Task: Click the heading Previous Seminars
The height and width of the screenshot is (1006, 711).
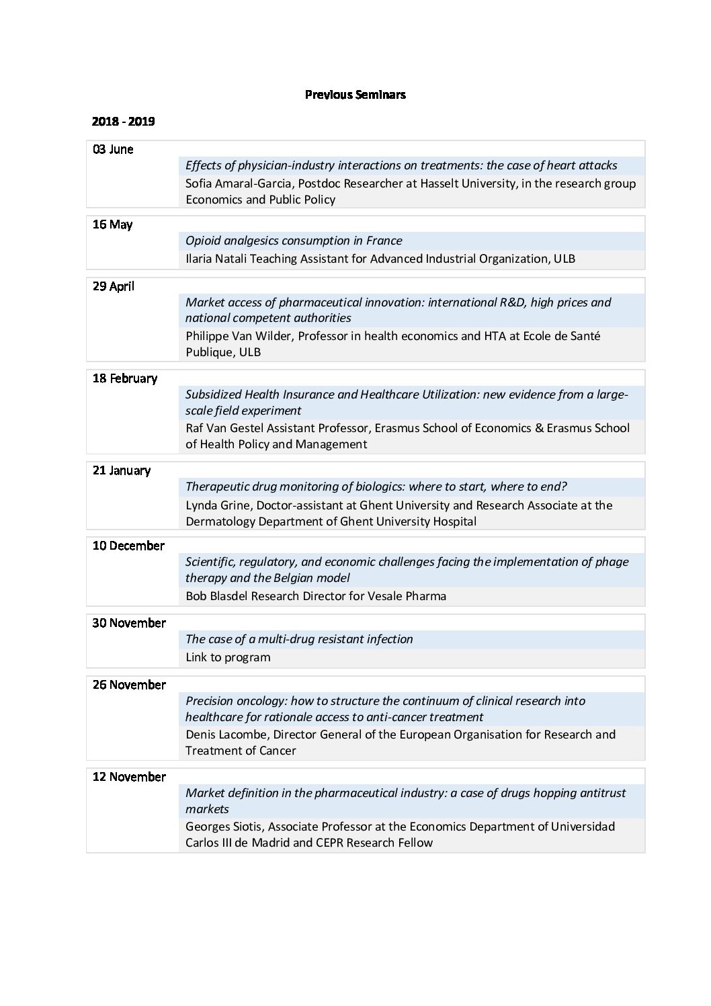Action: pos(355,95)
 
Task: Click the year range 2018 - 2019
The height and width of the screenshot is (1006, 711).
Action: pos(124,122)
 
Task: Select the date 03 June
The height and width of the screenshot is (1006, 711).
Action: pos(113,149)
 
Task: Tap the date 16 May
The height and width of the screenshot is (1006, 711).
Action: pos(112,224)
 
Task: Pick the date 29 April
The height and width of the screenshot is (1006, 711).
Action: pos(114,286)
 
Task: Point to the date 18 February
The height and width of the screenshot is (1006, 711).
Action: pos(125,378)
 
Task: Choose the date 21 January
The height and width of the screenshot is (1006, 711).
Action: pos(122,470)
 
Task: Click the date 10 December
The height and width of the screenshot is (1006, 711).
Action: pos(128,546)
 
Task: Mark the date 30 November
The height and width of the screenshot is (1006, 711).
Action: pos(129,623)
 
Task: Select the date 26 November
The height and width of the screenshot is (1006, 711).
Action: pos(129,685)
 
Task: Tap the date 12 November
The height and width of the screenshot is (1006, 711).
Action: pos(129,777)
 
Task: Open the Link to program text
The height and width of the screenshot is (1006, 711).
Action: pos(228,657)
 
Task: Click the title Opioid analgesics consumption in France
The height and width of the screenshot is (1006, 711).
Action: pos(294,241)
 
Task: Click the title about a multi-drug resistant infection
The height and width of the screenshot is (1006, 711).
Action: pos(299,639)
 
